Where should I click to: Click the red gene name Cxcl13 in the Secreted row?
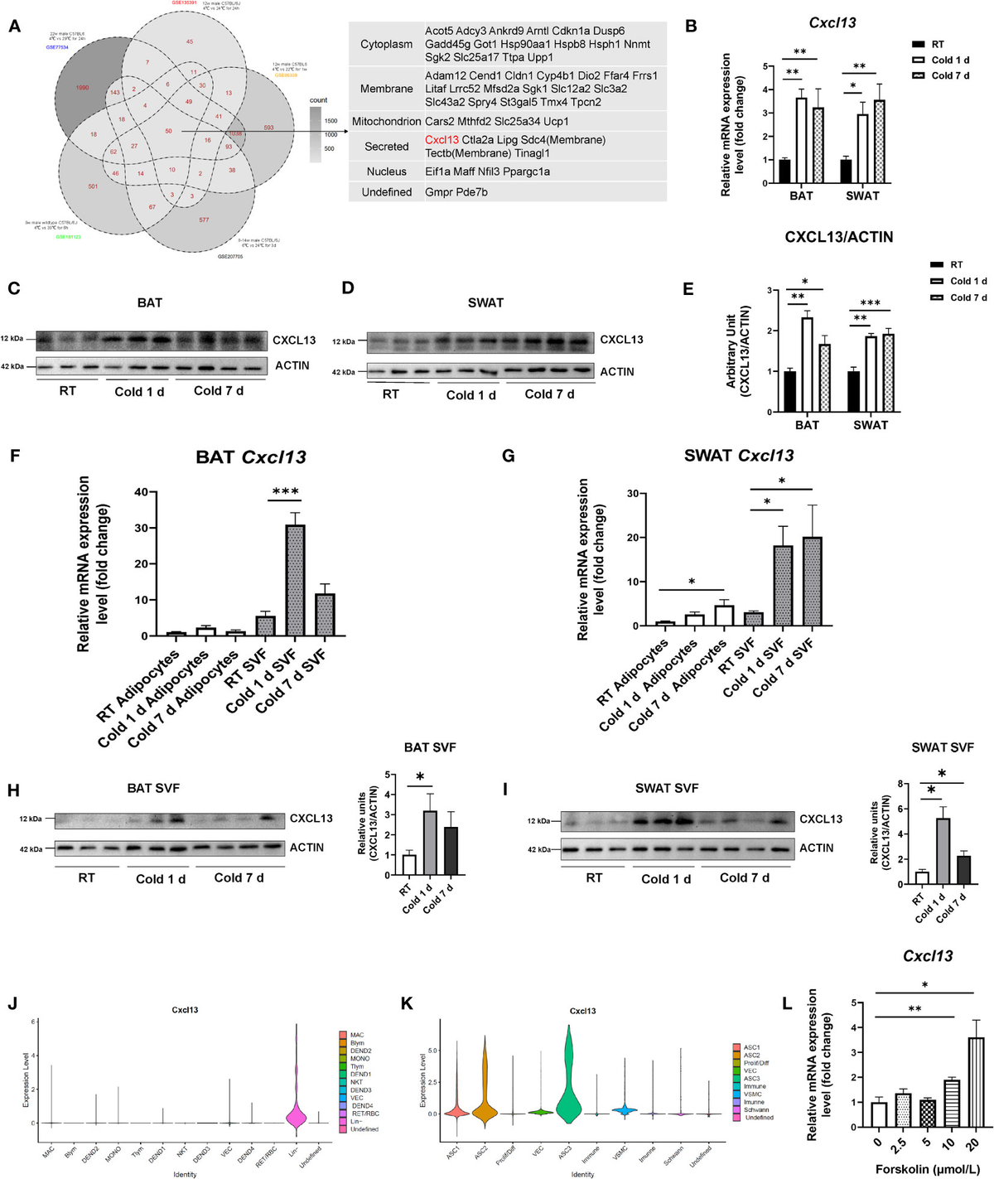click(x=442, y=140)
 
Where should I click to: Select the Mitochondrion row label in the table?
click(x=386, y=122)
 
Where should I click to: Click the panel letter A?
click(x=15, y=27)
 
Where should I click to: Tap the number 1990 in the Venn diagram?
click(x=82, y=88)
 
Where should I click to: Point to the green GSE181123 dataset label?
click(x=68, y=237)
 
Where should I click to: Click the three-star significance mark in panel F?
click(x=285, y=493)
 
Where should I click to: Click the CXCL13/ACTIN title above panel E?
click(x=838, y=238)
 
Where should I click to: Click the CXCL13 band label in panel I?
click(x=820, y=819)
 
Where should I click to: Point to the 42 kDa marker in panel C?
click(x=12, y=366)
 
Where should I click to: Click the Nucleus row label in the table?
click(x=386, y=172)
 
